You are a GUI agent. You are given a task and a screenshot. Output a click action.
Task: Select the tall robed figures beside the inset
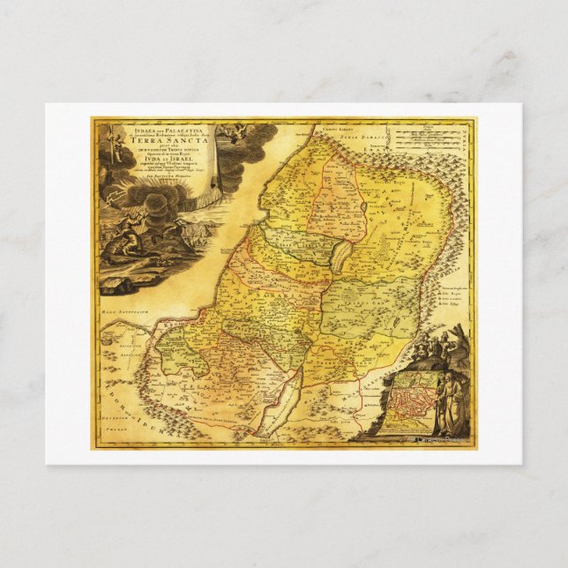tap(452, 401)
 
